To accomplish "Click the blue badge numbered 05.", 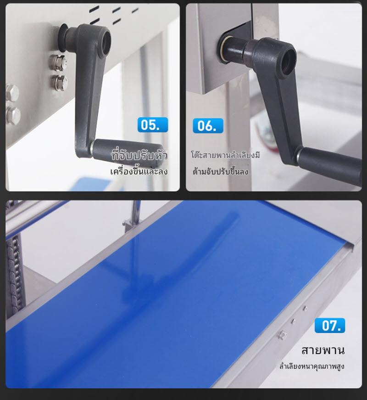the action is pyautogui.click(x=153, y=125).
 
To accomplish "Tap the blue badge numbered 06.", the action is pyautogui.click(x=208, y=125).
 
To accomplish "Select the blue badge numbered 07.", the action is pyautogui.click(x=330, y=325).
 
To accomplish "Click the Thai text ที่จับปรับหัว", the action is pyautogui.click(x=139, y=155).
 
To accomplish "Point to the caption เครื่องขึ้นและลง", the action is pyautogui.click(x=139, y=171).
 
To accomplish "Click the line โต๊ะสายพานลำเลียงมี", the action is pyautogui.click(x=225, y=155).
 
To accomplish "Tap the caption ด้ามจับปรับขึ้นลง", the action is pyautogui.click(x=220, y=171).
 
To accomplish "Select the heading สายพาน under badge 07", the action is pyautogui.click(x=323, y=350).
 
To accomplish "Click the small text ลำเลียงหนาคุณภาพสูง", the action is pyautogui.click(x=311, y=366).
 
